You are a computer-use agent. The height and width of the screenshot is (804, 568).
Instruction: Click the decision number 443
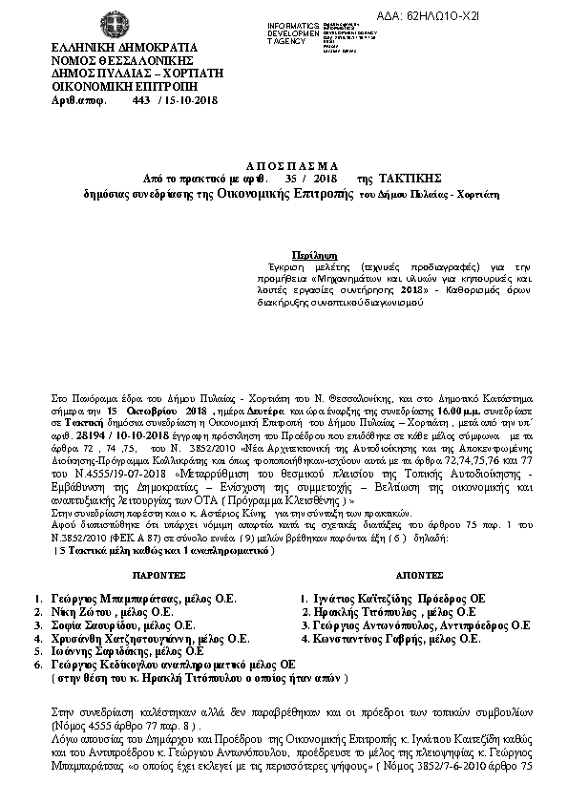pos(137,98)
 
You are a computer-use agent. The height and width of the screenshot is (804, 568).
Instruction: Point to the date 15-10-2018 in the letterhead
pos(188,98)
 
